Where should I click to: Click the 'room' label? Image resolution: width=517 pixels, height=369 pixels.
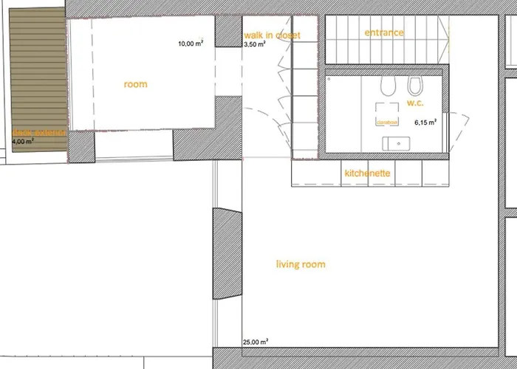click(135, 84)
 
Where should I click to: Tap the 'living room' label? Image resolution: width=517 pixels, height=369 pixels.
click(301, 264)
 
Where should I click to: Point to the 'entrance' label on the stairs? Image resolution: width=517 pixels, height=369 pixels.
click(384, 32)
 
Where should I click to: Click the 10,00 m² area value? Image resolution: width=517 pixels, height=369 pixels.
click(191, 44)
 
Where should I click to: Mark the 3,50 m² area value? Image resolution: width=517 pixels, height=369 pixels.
click(255, 45)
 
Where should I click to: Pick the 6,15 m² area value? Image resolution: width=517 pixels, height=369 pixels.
click(425, 123)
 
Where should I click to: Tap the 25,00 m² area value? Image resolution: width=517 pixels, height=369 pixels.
click(255, 342)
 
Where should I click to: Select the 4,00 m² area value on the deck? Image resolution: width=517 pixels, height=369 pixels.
click(24, 140)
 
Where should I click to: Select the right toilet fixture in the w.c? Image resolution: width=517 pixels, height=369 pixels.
click(414, 83)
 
